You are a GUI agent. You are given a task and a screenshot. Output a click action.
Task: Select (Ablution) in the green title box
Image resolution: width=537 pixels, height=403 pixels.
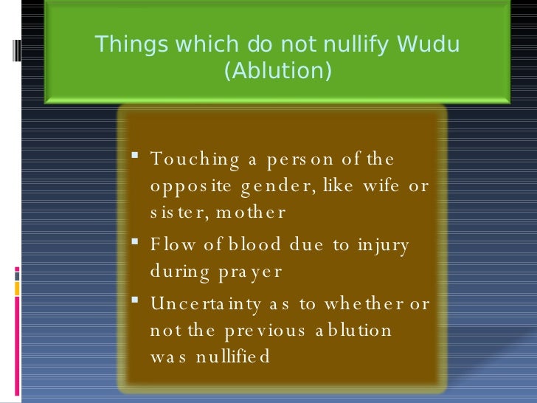277,72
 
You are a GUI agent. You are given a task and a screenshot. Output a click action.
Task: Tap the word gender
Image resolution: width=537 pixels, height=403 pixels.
277,186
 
